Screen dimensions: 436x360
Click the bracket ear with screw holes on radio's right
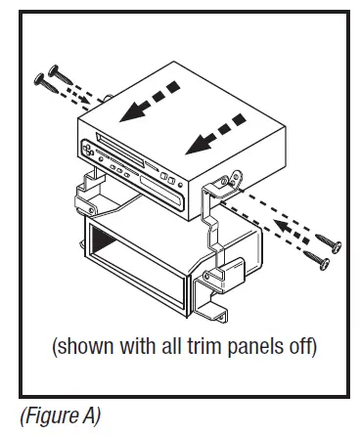coord(234,182)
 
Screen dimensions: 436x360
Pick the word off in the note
coord(303,345)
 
